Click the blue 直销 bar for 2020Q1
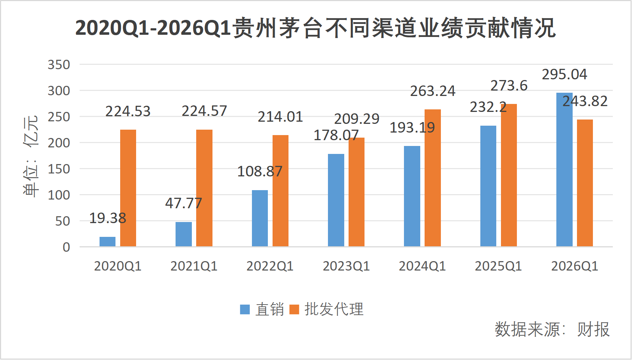click(x=108, y=242)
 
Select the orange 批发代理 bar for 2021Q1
click(x=204, y=188)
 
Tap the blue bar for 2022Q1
click(x=260, y=218)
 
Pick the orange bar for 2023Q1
click(x=357, y=192)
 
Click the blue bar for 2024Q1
click(x=412, y=196)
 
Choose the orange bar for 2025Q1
click(x=509, y=175)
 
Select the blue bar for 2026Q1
click(x=564, y=170)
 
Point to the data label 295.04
click(x=564, y=75)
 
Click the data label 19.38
click(x=108, y=218)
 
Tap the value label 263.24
click(x=433, y=91)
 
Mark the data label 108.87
click(x=260, y=171)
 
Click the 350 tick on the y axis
click(x=59, y=65)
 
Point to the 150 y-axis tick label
click(x=59, y=169)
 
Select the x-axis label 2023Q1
click(x=346, y=266)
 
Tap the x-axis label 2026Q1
click(x=574, y=266)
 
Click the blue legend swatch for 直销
click(x=245, y=309)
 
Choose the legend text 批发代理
click(x=334, y=309)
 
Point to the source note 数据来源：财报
click(x=552, y=329)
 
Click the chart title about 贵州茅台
click(x=315, y=28)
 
